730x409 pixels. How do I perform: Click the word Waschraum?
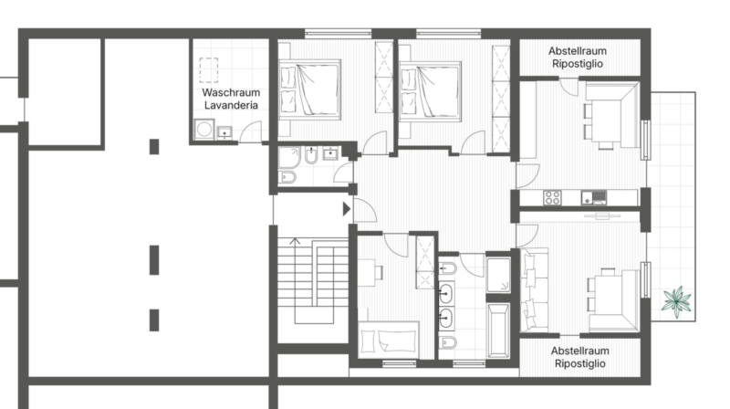click(231, 92)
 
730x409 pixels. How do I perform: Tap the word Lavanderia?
click(231, 105)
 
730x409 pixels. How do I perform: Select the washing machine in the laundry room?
click(203, 129)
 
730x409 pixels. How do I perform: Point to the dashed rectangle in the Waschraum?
click(209, 70)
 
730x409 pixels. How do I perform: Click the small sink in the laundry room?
click(224, 132)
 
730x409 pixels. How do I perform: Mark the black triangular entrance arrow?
click(347, 209)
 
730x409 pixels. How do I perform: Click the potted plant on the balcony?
click(676, 301)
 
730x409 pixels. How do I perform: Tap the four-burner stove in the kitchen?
click(552, 197)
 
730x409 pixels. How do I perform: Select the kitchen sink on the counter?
click(594, 197)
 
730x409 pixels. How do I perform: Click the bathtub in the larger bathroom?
click(498, 330)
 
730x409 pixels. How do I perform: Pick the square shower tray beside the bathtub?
click(498, 275)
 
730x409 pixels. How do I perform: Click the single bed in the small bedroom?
click(389, 339)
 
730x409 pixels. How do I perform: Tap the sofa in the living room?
click(535, 289)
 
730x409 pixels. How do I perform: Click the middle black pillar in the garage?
click(154, 260)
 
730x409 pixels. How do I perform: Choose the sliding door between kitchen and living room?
click(602, 215)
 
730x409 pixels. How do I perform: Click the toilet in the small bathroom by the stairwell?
click(287, 176)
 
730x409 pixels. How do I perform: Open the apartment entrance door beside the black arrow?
click(364, 210)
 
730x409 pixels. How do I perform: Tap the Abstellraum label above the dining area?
click(578, 51)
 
